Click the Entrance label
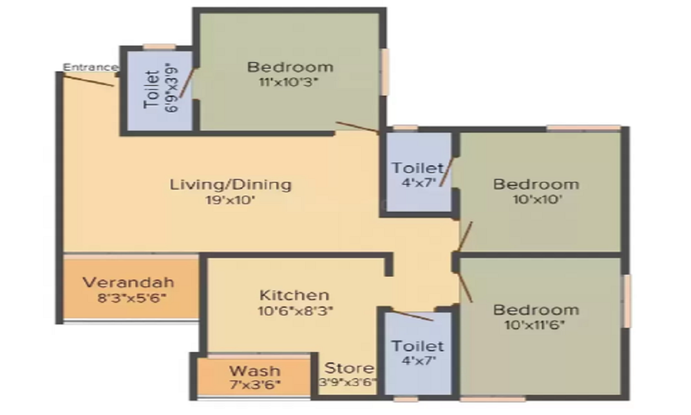coord(91,68)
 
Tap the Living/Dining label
coord(231,185)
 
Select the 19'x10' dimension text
coord(231,200)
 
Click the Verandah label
coord(129,282)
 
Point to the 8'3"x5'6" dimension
coord(132,298)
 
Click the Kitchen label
coord(294,295)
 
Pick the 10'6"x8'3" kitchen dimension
coord(295,311)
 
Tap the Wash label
coord(255,371)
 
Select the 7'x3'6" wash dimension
coord(255,385)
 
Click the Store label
coord(349,368)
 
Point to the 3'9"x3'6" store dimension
coord(348,382)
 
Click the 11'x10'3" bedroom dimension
coord(289,82)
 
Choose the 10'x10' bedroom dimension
coord(538,199)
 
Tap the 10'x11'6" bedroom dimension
coord(535,325)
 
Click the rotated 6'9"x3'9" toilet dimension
coord(172,87)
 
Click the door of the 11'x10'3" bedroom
coord(357,127)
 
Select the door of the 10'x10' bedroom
coord(465,237)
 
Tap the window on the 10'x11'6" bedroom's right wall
coord(626,301)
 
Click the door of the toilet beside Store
coord(413,316)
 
